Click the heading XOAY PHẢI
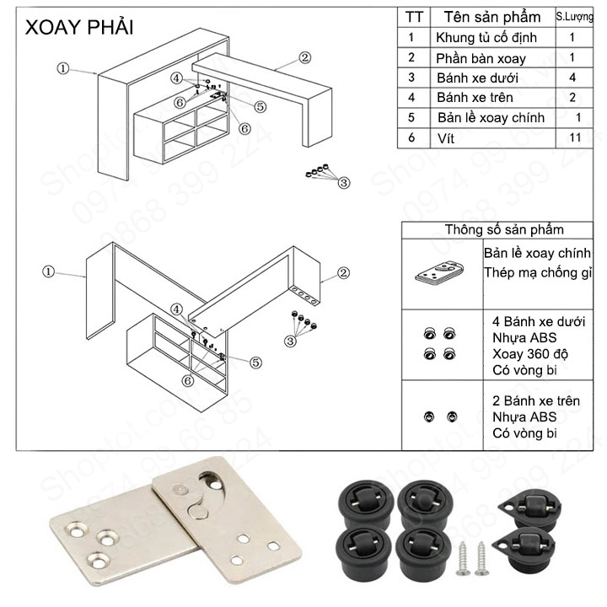[x=79, y=27]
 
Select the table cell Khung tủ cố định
[x=485, y=37]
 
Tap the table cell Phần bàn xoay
[x=480, y=58]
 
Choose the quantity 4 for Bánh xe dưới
[x=572, y=78]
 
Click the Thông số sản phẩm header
[x=504, y=229]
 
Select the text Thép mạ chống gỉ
[x=540, y=272]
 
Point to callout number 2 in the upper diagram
[x=304, y=58]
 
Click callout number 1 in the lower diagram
[x=48, y=271]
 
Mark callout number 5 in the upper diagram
[x=260, y=107]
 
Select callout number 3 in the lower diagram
[x=291, y=341]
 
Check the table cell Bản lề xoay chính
[x=491, y=118]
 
